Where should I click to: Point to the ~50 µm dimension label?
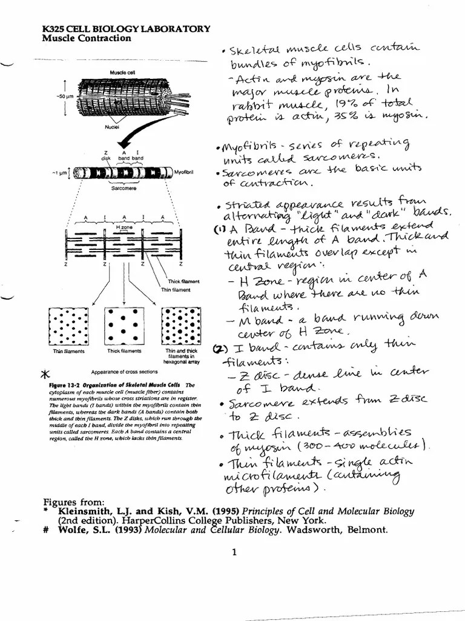pos(64,96)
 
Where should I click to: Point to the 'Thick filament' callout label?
pos(183,282)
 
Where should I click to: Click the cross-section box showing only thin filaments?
pos(68,326)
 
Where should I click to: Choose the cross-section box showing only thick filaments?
pos(124,326)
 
